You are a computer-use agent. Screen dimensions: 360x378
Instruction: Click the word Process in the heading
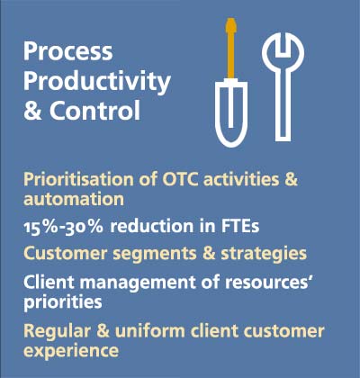point(68,51)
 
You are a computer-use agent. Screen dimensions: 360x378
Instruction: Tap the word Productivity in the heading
point(97,82)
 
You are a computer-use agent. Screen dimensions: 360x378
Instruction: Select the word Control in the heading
point(94,111)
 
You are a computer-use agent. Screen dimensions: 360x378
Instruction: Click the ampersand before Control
point(32,111)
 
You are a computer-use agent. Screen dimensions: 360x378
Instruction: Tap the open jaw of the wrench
point(283,43)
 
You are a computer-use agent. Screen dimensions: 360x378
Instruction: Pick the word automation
point(74,199)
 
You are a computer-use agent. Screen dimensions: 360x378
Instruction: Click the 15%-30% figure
point(63,227)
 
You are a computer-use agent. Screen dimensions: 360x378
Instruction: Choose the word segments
point(155,254)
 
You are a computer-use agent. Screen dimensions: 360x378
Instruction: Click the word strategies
point(264,254)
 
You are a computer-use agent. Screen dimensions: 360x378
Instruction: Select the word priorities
point(63,302)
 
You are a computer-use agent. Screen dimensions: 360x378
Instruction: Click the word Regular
point(57,331)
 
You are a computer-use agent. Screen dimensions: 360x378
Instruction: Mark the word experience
point(71,351)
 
